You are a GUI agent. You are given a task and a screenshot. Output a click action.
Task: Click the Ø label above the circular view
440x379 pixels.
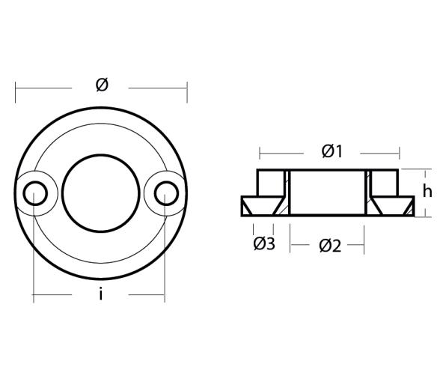(102, 85)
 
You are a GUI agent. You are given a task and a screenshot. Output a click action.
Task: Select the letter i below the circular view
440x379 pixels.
(100, 295)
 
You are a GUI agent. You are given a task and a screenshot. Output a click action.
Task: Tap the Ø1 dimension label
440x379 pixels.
(331, 151)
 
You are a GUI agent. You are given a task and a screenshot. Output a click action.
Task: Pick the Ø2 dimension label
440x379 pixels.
(329, 245)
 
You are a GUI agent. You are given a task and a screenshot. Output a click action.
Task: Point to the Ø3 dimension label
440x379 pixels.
(264, 244)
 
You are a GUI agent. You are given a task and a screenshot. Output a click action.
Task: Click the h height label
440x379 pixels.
(427, 192)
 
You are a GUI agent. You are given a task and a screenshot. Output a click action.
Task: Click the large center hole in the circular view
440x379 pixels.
(101, 193)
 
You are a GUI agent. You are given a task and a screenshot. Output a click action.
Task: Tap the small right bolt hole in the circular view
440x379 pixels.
(167, 194)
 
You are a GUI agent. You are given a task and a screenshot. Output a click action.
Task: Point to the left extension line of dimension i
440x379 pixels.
(34, 255)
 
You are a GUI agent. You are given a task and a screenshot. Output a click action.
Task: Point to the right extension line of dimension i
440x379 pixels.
(165, 255)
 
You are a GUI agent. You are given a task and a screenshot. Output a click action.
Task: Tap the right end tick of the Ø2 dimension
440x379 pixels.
(364, 243)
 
